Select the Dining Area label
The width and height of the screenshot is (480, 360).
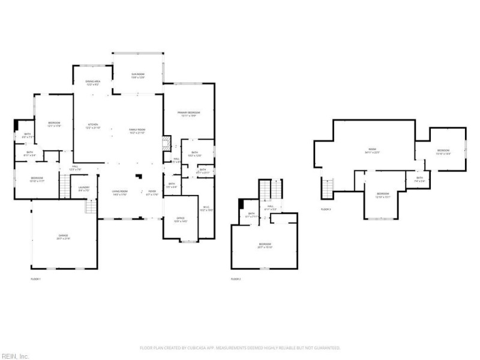pos(92,83)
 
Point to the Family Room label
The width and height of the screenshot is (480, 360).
pos(137,131)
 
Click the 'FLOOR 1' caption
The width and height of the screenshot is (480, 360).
pos(36,279)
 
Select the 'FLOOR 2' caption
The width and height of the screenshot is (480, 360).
pos(236,279)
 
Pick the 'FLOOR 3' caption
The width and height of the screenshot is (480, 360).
pos(326,209)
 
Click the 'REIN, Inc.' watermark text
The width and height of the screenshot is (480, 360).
pos(14,356)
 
